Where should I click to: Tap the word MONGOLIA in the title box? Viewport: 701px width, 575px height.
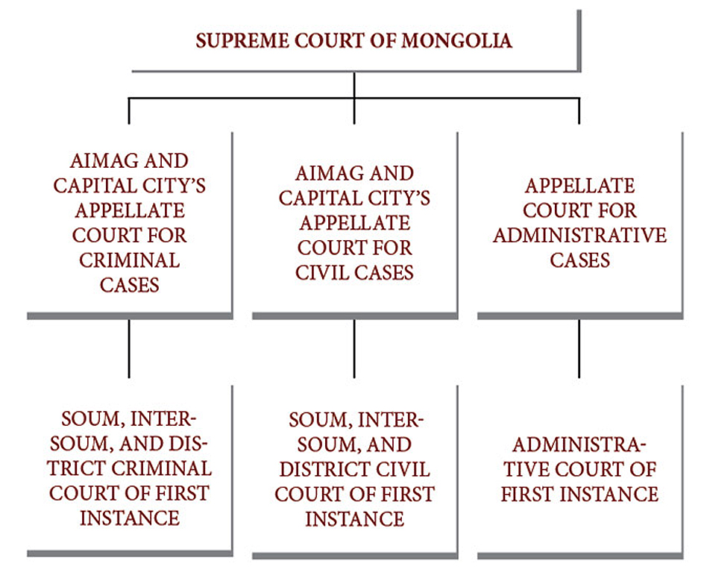click(456, 41)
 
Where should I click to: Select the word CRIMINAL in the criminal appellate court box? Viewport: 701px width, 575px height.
click(130, 260)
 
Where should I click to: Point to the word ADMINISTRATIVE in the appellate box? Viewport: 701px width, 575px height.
click(580, 235)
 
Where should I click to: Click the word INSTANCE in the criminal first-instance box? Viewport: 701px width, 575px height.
click(130, 518)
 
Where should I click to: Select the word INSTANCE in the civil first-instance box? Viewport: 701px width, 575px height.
click(355, 519)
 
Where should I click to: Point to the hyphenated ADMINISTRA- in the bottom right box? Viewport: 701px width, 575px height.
click(579, 444)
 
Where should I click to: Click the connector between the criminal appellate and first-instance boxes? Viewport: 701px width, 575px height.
click(129, 348)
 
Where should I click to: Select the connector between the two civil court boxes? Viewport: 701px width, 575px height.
click(354, 348)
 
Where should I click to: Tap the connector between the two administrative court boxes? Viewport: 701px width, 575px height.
click(579, 348)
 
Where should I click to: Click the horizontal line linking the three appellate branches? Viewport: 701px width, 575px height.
click(354, 98)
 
